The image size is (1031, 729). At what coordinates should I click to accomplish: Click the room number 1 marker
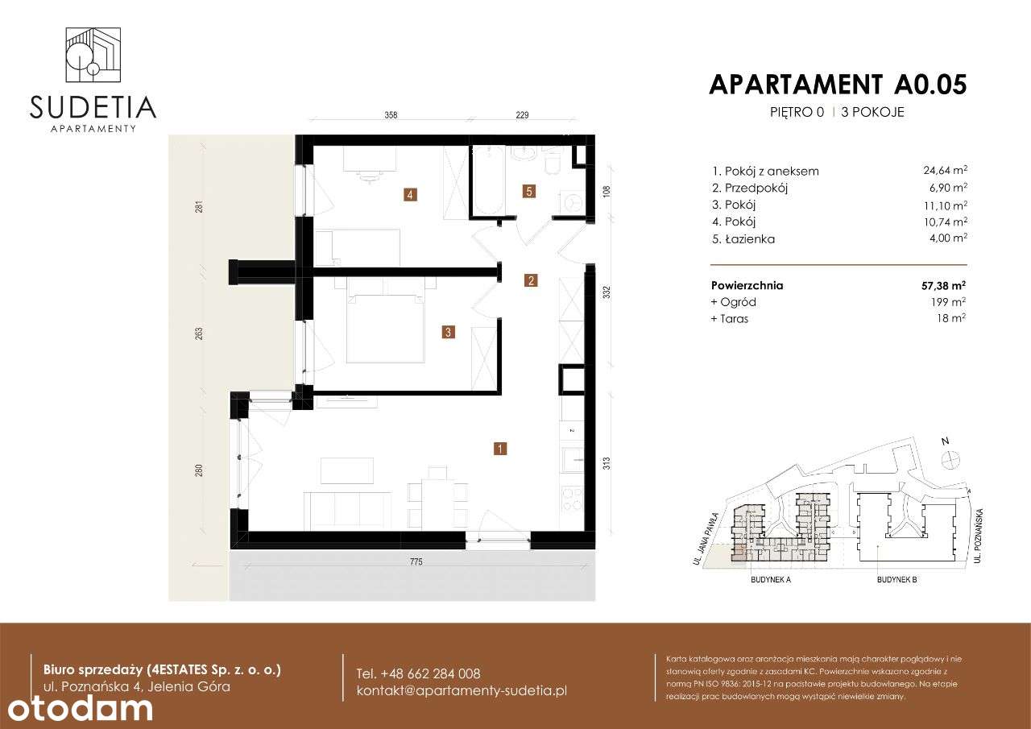(500, 449)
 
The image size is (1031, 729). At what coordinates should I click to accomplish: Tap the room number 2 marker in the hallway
(531, 281)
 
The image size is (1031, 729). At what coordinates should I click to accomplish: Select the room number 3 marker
(449, 331)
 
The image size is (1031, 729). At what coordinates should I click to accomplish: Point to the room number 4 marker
(411, 194)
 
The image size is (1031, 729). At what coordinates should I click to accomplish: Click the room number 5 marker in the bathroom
(528, 191)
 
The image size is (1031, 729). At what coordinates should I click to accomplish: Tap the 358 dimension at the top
(391, 116)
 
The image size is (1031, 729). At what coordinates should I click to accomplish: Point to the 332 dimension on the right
(607, 292)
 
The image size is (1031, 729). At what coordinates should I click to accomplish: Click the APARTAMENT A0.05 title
(837, 85)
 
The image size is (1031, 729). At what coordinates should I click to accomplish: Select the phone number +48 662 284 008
(418, 673)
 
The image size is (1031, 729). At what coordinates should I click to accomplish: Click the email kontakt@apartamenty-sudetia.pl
(462, 691)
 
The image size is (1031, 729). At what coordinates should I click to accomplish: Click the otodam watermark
(80, 709)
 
